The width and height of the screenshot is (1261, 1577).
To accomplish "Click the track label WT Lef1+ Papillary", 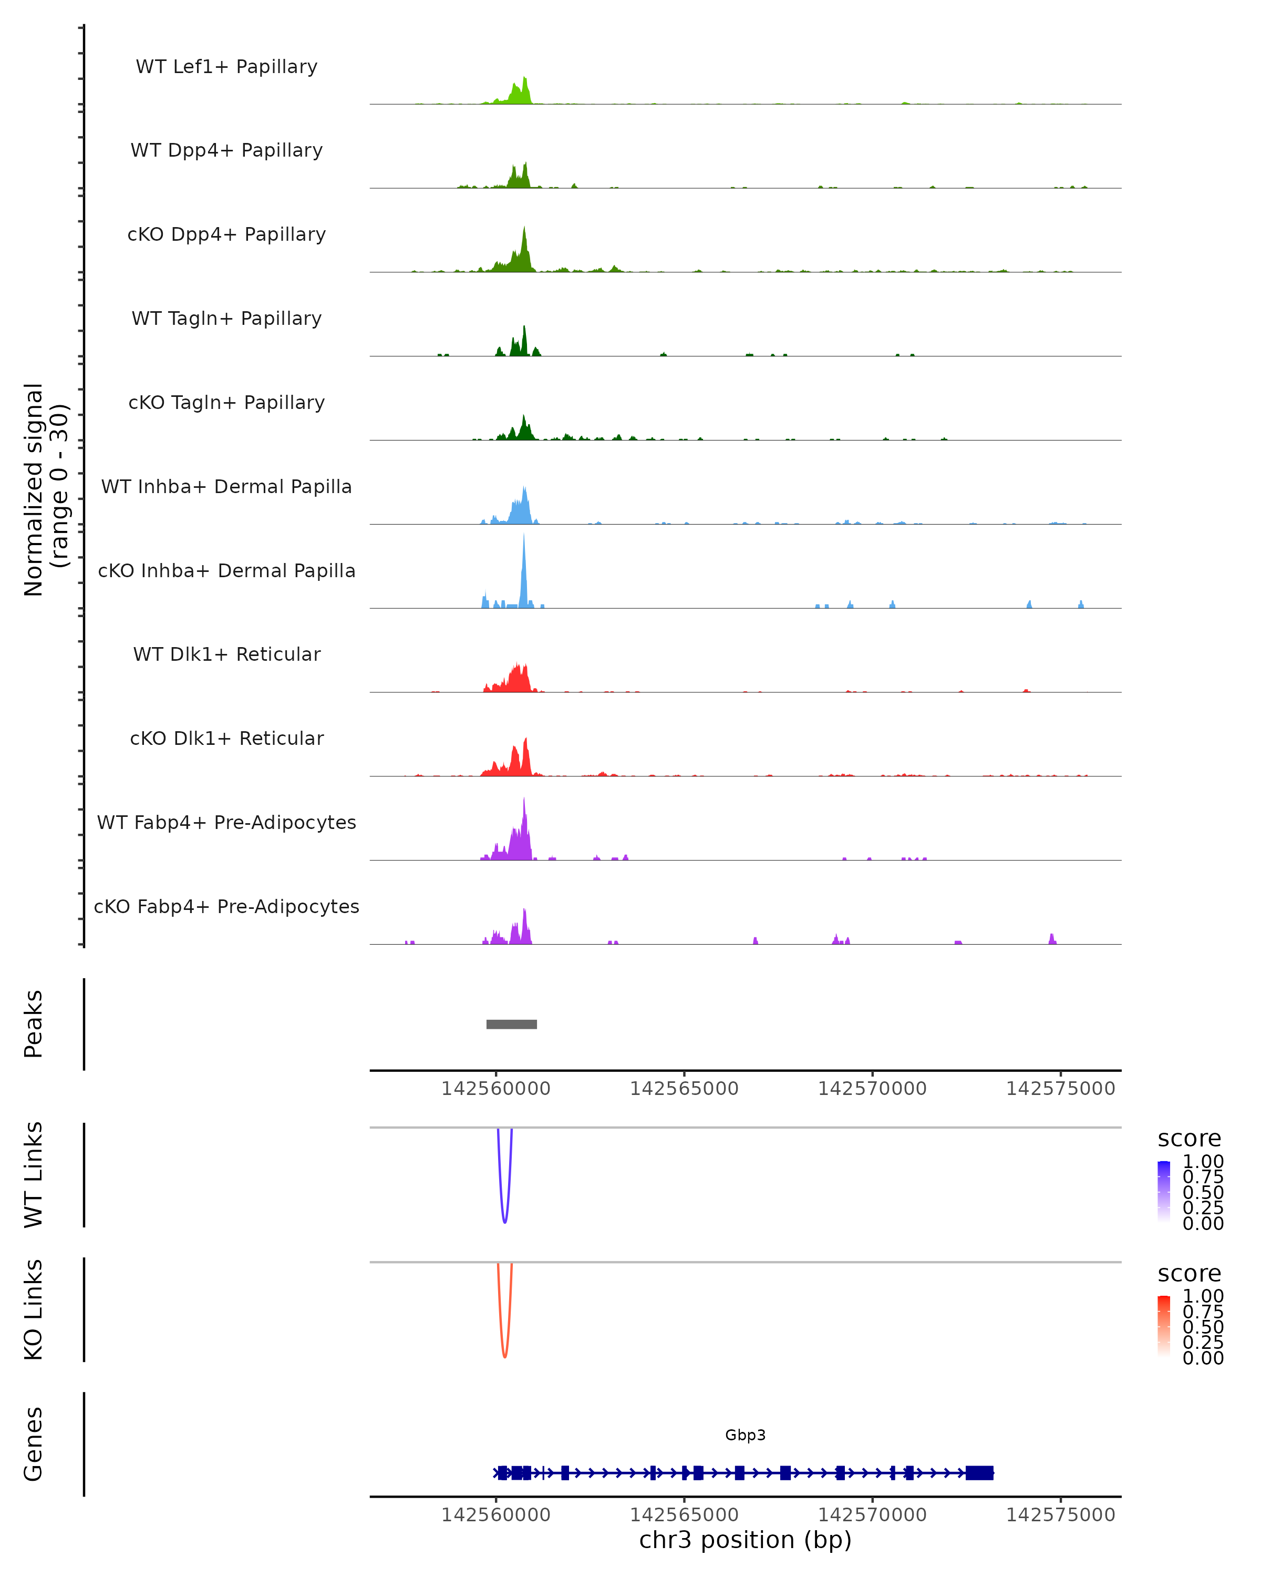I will (x=226, y=67).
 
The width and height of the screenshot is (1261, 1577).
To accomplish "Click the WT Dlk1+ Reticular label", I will (x=226, y=654).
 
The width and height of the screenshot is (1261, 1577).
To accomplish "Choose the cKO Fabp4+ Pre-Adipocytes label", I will (x=226, y=906).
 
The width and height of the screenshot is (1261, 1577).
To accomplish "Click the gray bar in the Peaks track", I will (x=512, y=1024).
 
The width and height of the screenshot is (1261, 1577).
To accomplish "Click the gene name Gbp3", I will (x=745, y=1435).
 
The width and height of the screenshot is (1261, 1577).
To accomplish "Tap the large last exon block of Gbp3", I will (x=979, y=1472).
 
